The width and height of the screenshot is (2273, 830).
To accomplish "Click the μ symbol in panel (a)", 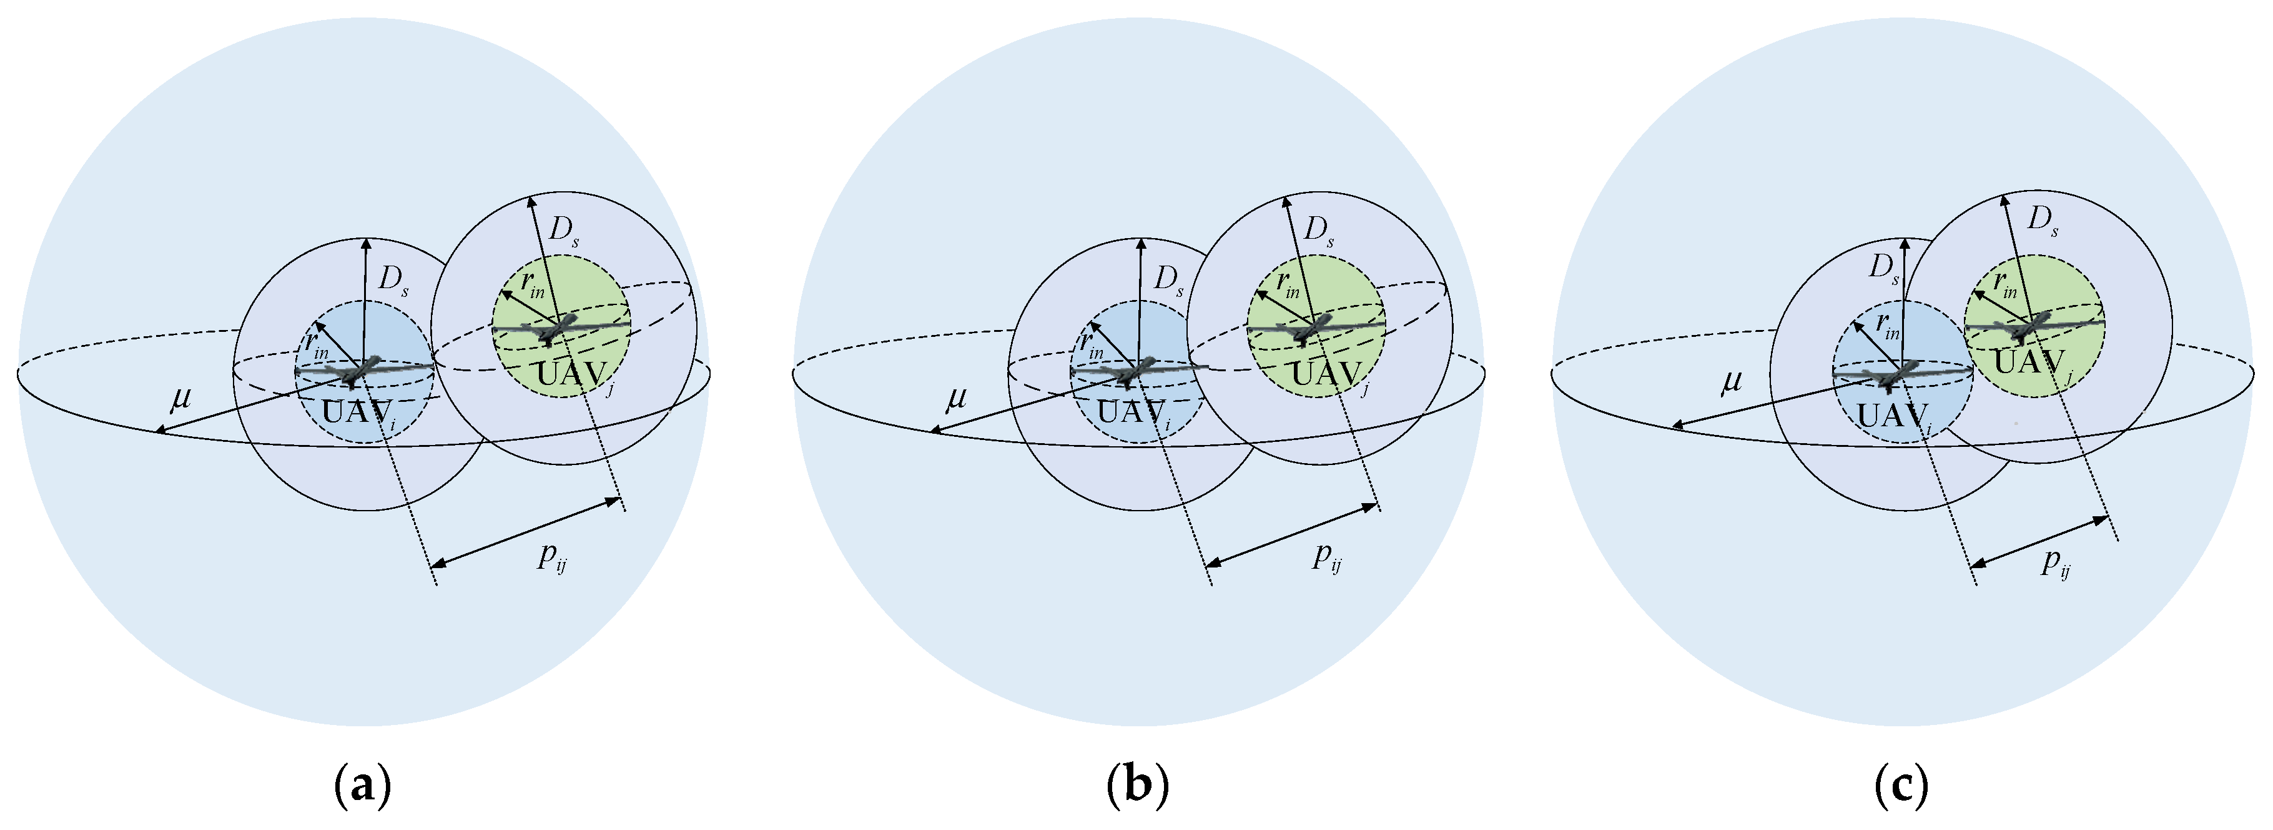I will pos(181,400).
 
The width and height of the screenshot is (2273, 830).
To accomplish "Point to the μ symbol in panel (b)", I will pos(957,400).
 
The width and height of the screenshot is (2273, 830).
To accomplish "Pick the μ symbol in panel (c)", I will pos(1732,381).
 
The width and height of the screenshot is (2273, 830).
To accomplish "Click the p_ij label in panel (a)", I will pos(553,557).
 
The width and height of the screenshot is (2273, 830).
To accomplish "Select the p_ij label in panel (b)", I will pos(1327,557).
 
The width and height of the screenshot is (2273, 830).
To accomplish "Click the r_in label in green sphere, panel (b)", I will pos(1288,285).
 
